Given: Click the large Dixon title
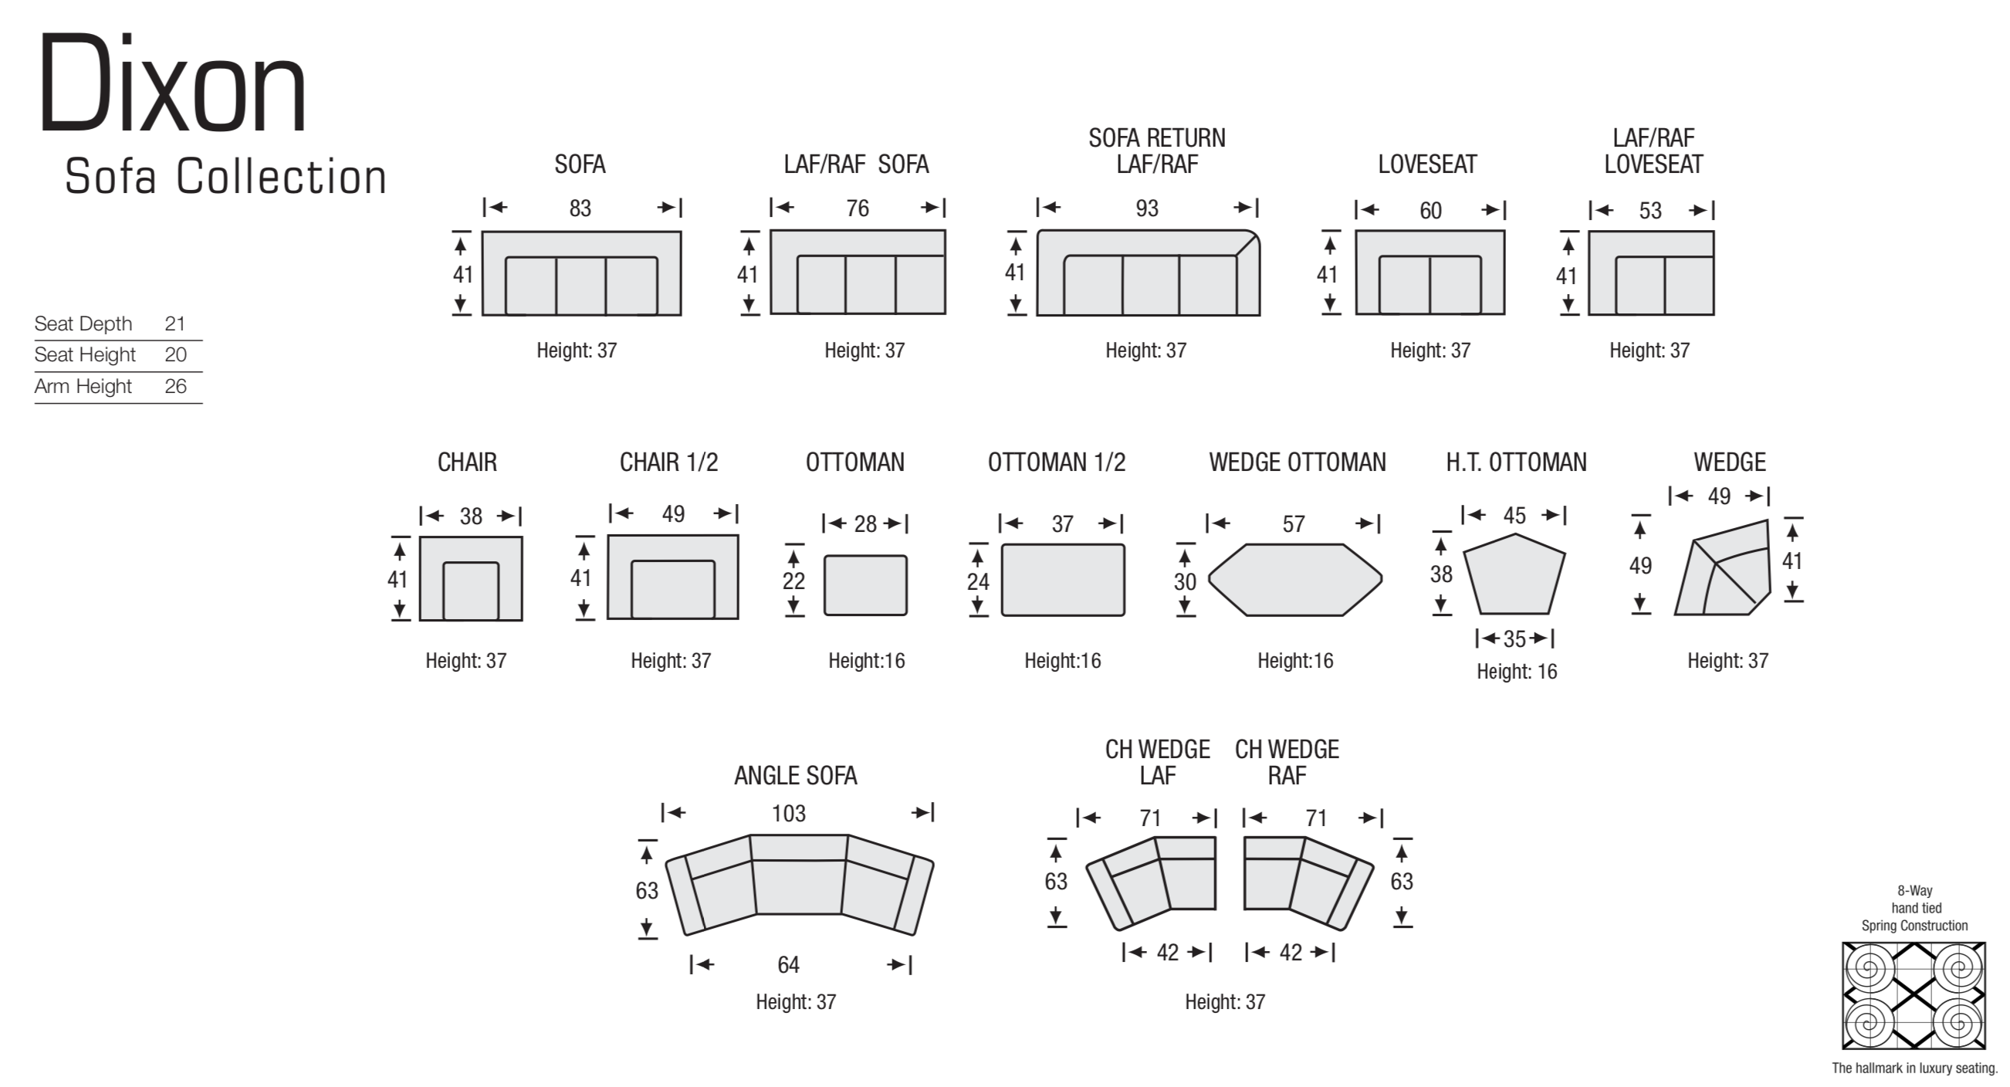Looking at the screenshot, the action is click(x=172, y=85).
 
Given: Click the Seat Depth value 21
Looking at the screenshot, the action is click(x=174, y=323).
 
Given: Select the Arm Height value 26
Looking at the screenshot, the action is click(x=175, y=386).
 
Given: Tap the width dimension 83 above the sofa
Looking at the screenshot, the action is click(x=580, y=208).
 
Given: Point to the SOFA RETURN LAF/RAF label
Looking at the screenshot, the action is click(x=1157, y=151).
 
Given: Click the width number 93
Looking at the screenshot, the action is click(x=1147, y=208).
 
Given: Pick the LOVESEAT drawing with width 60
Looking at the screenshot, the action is click(x=1430, y=273).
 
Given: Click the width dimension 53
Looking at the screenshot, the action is click(x=1650, y=211).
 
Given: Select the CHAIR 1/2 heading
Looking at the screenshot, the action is click(x=668, y=462).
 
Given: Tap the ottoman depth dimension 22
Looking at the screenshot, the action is click(x=794, y=581).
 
